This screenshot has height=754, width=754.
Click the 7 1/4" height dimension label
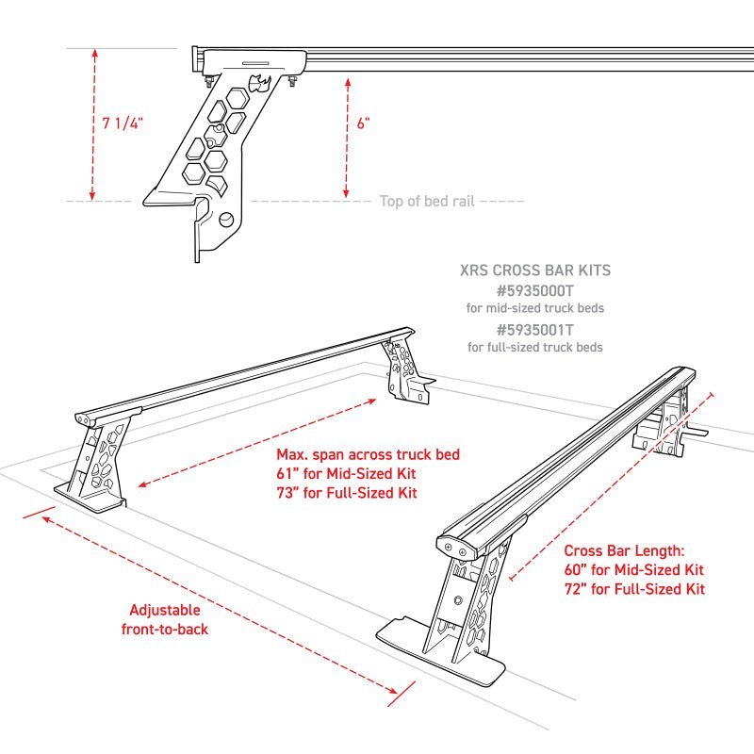tap(121, 123)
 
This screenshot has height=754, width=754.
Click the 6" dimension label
tap(364, 124)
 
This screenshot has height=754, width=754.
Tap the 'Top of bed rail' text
tap(426, 201)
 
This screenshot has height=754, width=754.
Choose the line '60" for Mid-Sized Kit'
tap(633, 570)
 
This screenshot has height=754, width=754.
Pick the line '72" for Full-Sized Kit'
tap(633, 590)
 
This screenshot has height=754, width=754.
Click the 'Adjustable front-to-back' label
tap(165, 619)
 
